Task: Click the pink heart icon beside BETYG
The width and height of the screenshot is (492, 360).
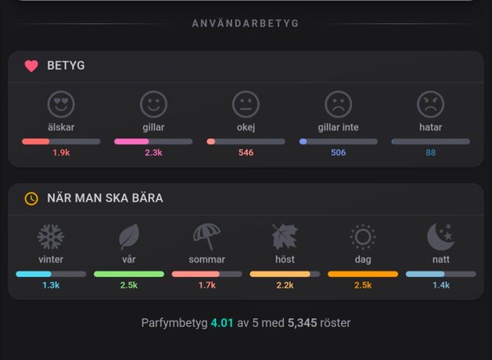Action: (x=31, y=66)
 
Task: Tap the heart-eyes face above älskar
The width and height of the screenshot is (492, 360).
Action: (x=61, y=103)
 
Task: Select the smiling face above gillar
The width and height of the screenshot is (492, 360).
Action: (x=153, y=103)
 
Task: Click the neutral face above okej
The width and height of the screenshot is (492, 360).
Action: (x=246, y=103)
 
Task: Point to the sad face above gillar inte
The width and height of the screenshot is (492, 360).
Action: (x=338, y=103)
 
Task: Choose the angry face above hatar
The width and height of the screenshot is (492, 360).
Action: (x=430, y=103)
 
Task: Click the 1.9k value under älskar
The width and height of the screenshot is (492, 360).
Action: (x=61, y=153)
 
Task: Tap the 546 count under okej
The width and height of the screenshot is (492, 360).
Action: (x=246, y=153)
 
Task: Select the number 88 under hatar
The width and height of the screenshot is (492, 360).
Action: (x=430, y=153)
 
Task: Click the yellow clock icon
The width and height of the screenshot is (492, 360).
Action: (x=31, y=198)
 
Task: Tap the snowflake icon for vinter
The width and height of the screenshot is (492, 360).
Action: (x=51, y=237)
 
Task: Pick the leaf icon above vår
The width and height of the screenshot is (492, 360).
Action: (x=129, y=237)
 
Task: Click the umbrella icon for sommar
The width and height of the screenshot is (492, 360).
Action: (x=207, y=237)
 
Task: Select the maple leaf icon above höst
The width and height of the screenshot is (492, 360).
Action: (x=285, y=237)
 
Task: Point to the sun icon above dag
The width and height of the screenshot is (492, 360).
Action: (x=362, y=237)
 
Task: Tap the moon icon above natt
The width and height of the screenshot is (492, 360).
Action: (x=440, y=237)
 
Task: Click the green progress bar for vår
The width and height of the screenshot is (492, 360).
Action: (x=129, y=273)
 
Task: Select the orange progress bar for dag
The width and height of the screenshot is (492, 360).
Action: (x=362, y=273)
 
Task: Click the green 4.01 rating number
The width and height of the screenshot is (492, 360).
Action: (x=221, y=323)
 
